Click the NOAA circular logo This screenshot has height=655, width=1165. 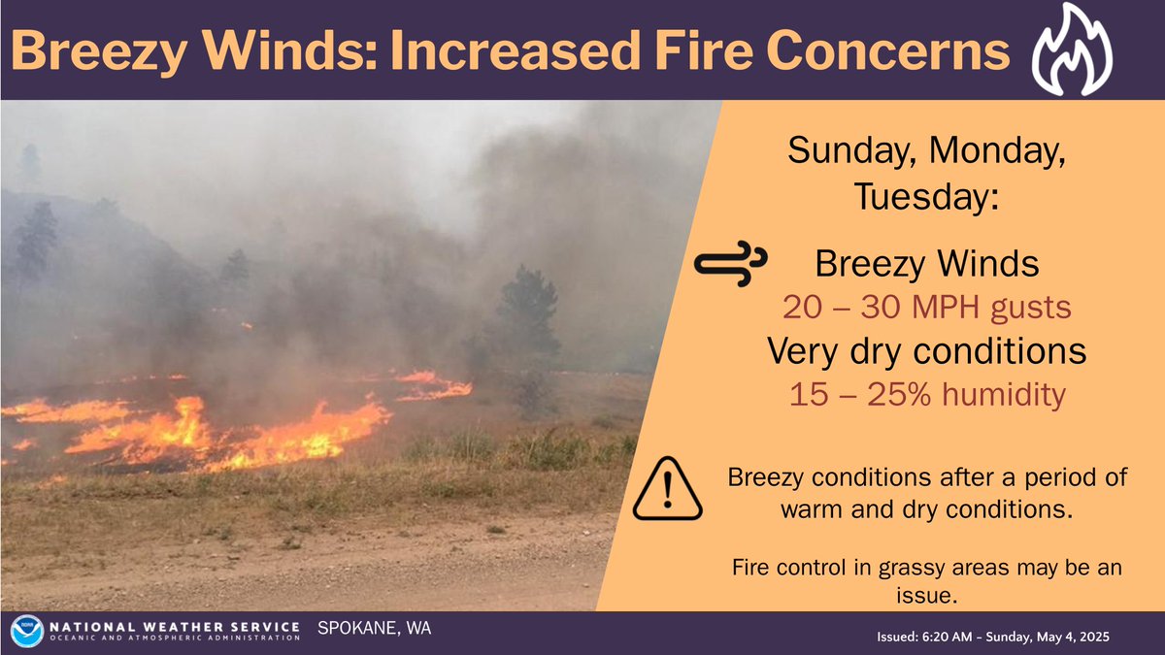click(x=25, y=632)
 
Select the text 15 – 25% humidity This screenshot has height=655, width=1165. click(x=926, y=395)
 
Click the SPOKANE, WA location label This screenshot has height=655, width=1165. click(x=375, y=629)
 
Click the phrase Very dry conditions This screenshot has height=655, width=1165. click(x=926, y=352)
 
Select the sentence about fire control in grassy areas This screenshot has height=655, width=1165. click(x=926, y=579)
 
